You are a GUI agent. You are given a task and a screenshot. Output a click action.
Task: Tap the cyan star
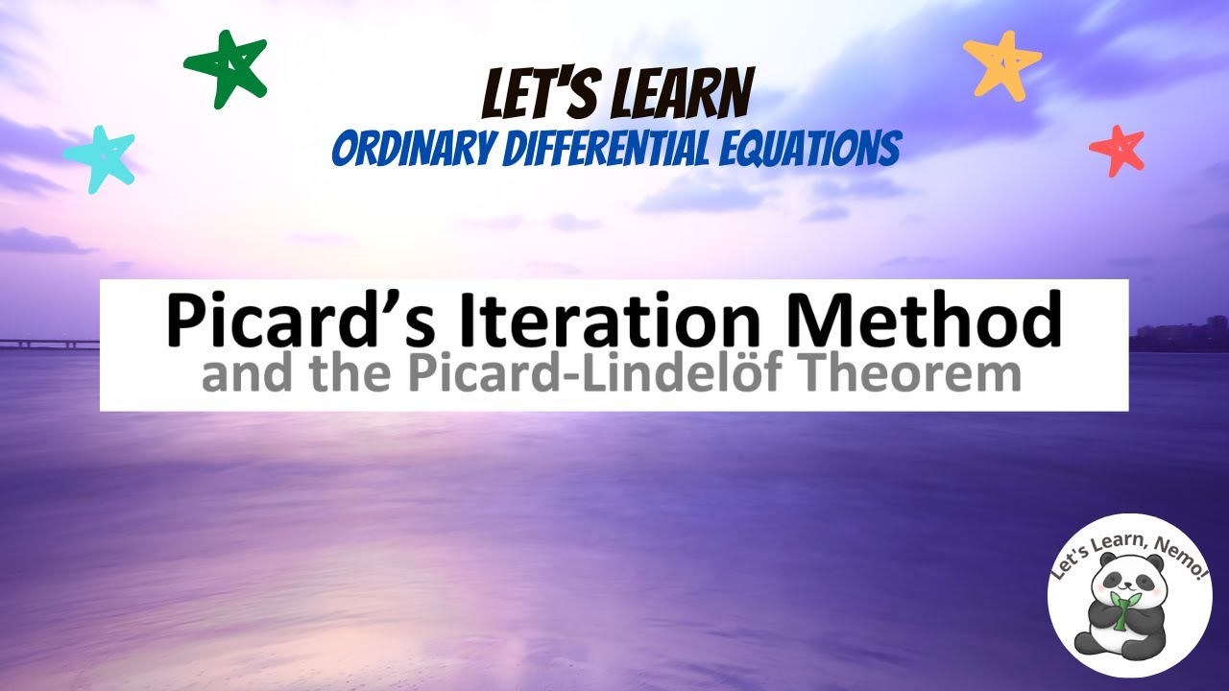pos(99,158)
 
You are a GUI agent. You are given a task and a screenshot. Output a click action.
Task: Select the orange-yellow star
pos(1000,62)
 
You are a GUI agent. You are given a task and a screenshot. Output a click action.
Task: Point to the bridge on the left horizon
pos(48,343)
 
